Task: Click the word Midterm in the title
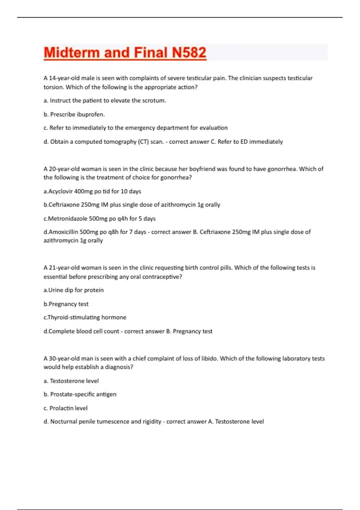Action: pos(72,52)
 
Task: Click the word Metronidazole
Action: pos(68,218)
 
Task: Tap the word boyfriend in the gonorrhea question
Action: pos(202,169)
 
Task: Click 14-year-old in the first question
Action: pos(64,78)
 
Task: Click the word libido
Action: pos(206,358)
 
